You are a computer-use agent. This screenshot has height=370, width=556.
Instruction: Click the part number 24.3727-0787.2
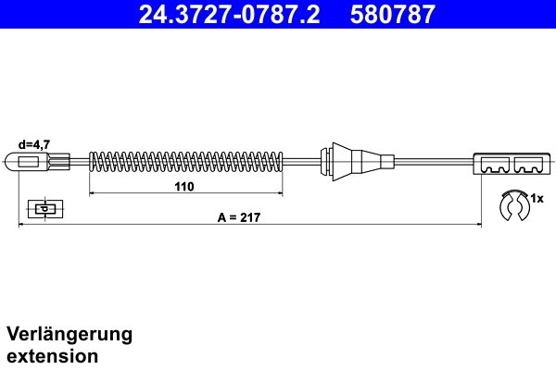click(231, 15)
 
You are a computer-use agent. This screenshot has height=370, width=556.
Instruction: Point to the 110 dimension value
click(184, 186)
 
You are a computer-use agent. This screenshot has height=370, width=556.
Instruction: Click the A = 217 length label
click(237, 217)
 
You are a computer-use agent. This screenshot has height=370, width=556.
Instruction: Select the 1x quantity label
click(537, 199)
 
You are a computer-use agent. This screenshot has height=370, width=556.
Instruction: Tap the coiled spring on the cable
click(185, 162)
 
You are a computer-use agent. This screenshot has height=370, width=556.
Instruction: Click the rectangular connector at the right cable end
click(510, 163)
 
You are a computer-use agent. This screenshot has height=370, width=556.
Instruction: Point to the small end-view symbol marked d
click(44, 208)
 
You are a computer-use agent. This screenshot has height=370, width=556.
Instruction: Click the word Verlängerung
click(69, 334)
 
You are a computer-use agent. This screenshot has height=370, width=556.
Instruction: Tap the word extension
click(52, 355)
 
